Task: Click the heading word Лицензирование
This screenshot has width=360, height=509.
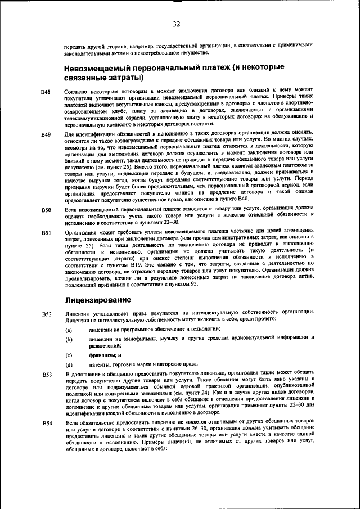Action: [98, 300]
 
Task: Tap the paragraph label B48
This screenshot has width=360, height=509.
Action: [46, 91]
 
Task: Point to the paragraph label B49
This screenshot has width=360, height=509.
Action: [46, 134]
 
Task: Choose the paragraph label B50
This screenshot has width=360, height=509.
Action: [46, 210]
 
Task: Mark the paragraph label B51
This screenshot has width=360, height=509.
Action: [46, 231]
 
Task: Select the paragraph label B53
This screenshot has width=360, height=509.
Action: [46, 375]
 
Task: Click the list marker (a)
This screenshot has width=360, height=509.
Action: [69, 329]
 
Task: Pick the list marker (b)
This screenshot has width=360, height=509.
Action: [69, 340]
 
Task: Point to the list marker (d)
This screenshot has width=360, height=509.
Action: [69, 365]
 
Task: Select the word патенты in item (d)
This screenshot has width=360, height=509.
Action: [102, 365]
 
